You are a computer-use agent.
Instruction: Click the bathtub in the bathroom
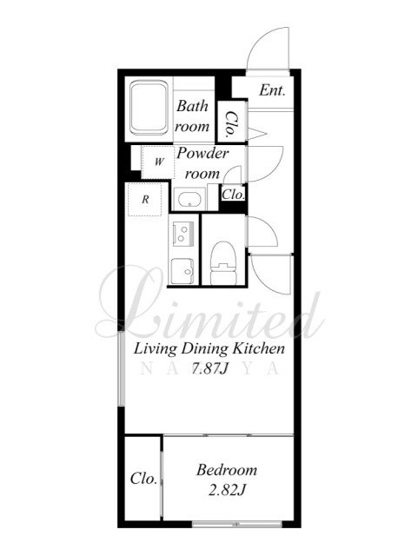point(149,108)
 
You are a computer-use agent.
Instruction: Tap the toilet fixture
point(223,262)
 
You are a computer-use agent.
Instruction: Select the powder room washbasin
point(189,200)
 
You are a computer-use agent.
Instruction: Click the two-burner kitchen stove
point(183,234)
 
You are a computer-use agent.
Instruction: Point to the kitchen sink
point(182,271)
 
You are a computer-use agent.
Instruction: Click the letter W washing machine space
point(158,162)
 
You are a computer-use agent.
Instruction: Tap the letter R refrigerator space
point(145,199)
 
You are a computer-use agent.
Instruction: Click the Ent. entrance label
point(272,90)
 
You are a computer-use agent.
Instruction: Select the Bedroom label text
point(227,470)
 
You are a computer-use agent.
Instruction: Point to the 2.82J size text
point(227,490)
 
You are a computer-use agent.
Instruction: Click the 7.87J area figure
point(209,368)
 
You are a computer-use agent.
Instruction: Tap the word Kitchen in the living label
point(258,348)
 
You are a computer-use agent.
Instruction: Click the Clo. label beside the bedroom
point(143,479)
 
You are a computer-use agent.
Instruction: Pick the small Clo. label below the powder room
point(233,195)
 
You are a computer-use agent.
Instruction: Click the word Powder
point(202,154)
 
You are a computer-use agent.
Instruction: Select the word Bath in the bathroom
point(192,106)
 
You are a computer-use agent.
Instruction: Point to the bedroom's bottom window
point(236,524)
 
